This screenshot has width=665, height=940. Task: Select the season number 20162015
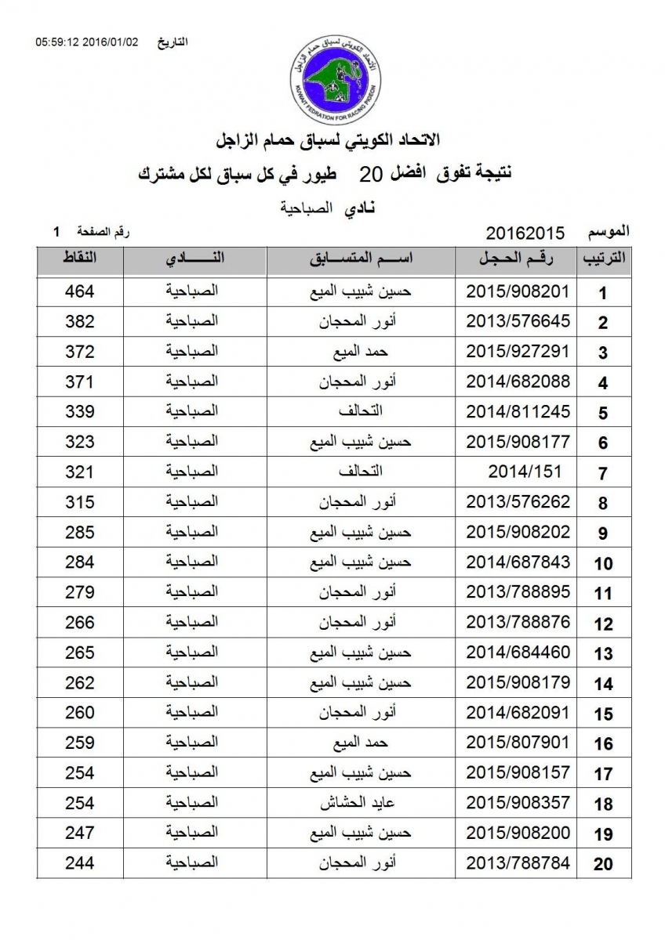pyautogui.click(x=525, y=233)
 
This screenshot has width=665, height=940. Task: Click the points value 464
pyautogui.click(x=79, y=291)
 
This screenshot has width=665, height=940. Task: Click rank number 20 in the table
pyautogui.click(x=602, y=865)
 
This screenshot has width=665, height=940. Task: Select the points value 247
pyautogui.click(x=79, y=833)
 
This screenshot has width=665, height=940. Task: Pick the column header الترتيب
pyautogui.click(x=602, y=260)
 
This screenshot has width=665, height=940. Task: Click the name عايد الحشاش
pyautogui.click(x=361, y=804)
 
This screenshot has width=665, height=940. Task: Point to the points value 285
pyautogui.click(x=79, y=533)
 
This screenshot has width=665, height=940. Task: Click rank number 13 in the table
pyautogui.click(x=602, y=654)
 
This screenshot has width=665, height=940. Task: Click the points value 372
pyautogui.click(x=79, y=352)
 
